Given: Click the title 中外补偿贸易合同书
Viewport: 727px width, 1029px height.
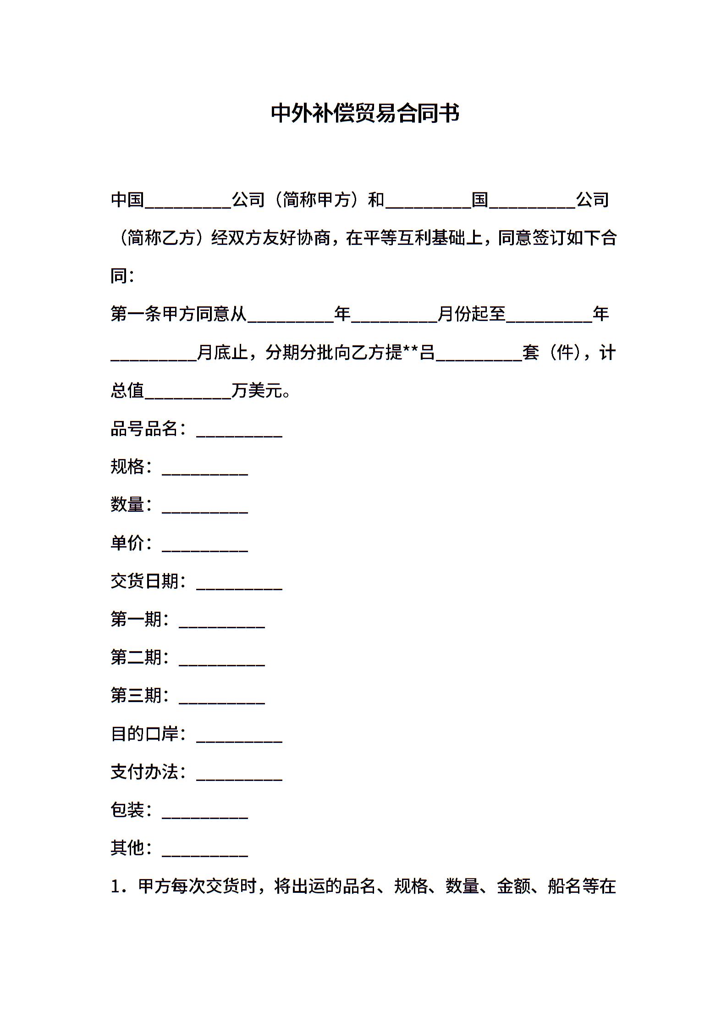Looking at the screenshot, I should click(365, 114).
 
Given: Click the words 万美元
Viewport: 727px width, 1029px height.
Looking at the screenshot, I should click(257, 391).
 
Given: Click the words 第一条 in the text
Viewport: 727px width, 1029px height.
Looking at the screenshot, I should click(136, 314).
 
